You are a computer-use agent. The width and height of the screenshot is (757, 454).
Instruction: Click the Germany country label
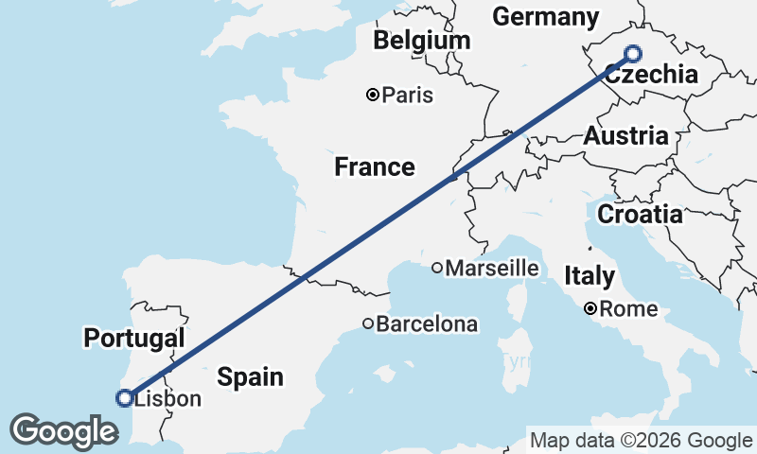click(546, 17)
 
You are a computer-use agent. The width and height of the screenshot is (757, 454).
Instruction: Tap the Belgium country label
click(421, 41)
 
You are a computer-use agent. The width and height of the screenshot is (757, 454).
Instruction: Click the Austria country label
click(625, 135)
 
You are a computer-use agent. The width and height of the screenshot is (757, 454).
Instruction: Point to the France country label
click(375, 167)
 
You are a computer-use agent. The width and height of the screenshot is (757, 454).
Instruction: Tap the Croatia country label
click(640, 214)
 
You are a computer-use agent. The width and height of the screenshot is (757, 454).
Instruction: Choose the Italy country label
click(590, 276)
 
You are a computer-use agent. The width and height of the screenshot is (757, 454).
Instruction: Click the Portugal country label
click(132, 338)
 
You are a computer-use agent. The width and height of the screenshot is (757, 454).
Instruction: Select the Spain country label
click(250, 377)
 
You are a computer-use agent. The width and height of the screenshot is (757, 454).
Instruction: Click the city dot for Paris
click(373, 95)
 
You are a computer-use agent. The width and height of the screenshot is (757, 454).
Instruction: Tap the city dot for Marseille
click(436, 269)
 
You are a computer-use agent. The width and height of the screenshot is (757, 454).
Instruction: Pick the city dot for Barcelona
click(368, 324)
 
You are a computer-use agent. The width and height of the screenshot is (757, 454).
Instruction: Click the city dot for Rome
click(590, 308)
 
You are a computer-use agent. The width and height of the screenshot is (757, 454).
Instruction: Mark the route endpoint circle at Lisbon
click(124, 398)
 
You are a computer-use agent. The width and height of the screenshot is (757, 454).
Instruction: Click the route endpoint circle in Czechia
click(633, 55)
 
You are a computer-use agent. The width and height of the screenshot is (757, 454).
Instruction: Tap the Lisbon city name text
click(168, 399)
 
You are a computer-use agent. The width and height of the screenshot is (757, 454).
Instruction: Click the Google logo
click(63, 431)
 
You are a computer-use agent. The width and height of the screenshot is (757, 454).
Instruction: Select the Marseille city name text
click(492, 269)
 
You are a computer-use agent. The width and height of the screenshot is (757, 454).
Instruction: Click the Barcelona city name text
click(427, 324)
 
